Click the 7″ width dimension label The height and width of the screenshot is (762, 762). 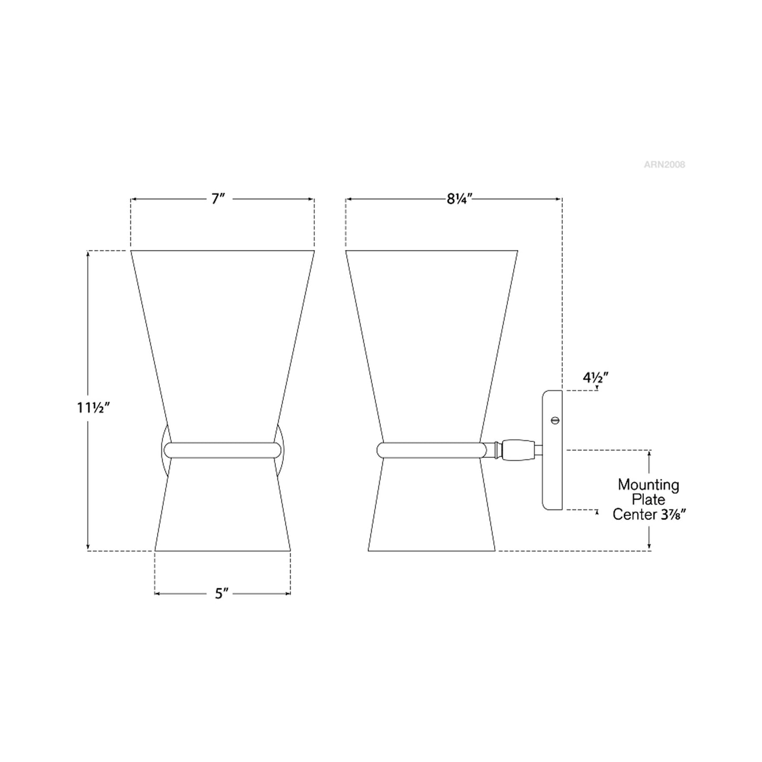click(x=218, y=198)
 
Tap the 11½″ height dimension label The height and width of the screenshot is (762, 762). click(x=93, y=407)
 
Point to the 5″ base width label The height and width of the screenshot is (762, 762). click(x=222, y=604)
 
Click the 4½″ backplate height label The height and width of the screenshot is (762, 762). click(x=595, y=377)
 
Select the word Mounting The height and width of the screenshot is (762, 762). click(x=648, y=485)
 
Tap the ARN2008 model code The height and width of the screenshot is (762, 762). click(x=664, y=165)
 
